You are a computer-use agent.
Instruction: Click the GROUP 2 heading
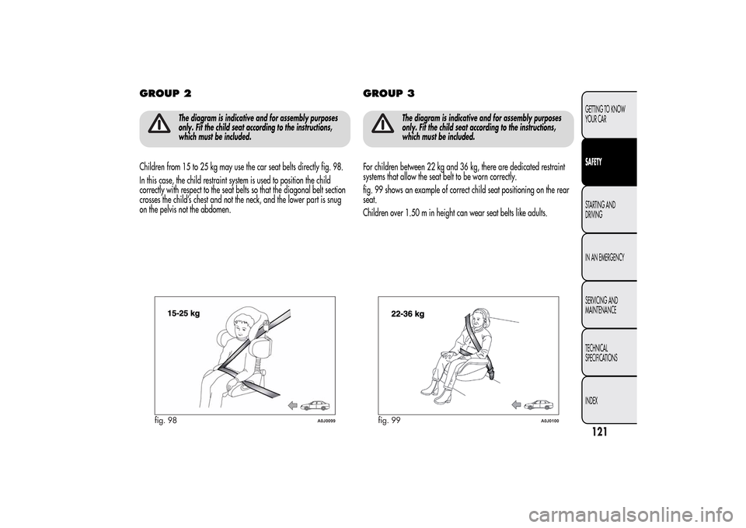pyautogui.click(x=166, y=93)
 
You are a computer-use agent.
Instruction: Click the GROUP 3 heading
pyautogui.click(x=389, y=93)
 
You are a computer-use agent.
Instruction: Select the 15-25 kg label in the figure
pyautogui.click(x=183, y=313)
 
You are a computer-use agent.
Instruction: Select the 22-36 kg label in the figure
pyautogui.click(x=406, y=315)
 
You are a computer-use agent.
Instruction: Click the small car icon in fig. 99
pyautogui.click(x=537, y=404)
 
